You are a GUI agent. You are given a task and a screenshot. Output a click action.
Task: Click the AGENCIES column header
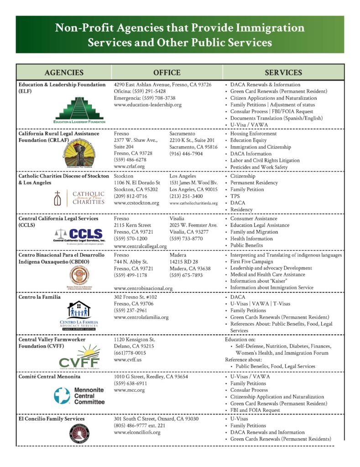(64, 73)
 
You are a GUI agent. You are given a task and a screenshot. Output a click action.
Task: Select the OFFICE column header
(167, 73)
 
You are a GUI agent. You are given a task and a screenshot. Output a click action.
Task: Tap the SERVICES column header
(283, 73)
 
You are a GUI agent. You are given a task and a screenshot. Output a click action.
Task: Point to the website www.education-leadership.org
(147, 104)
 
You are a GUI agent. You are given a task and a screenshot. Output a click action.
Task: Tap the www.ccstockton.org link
(136, 203)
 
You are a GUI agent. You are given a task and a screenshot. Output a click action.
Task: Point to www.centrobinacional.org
(143, 288)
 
